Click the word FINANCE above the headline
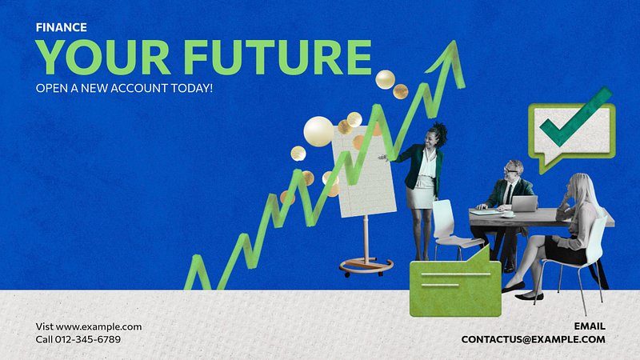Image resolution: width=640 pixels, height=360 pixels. click(62, 27)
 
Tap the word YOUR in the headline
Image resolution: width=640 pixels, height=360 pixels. click(103, 57)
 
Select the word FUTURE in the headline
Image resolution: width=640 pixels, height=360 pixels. click(278, 57)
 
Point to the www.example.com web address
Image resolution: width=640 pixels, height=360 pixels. click(98, 326)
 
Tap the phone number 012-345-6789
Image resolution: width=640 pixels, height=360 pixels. click(88, 339)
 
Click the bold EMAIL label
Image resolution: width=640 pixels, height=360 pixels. click(590, 326)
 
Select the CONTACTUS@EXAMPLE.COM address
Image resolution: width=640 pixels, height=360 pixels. click(533, 339)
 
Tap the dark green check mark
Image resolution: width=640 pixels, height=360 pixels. click(575, 117)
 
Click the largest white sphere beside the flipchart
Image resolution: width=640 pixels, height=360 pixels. click(318, 131)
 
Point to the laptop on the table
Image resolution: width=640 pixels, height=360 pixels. click(524, 204)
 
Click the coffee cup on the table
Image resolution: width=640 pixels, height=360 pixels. click(509, 214)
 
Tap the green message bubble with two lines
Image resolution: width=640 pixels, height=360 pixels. click(455, 285)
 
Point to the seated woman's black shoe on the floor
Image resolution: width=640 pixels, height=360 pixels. click(529, 297)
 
